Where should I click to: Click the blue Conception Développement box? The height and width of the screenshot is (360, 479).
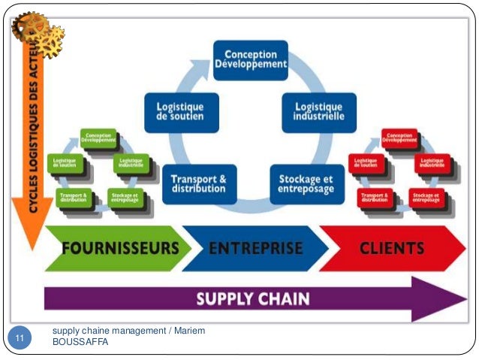click(250, 59)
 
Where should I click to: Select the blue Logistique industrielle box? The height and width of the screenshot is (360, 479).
click(314, 111)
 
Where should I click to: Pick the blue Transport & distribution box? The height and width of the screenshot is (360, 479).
click(198, 183)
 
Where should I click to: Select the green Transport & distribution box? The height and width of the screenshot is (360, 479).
click(72, 198)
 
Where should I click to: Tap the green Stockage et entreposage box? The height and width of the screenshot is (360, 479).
click(123, 198)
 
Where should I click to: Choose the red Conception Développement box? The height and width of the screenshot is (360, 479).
click(399, 138)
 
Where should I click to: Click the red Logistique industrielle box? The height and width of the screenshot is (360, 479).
click(432, 162)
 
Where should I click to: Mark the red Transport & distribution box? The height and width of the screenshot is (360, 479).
click(374, 198)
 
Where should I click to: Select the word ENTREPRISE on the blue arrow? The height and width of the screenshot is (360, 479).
click(256, 248)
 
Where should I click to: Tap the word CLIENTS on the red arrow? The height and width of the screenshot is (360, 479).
click(392, 248)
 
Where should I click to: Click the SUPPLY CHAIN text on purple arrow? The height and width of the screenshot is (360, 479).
click(252, 298)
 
